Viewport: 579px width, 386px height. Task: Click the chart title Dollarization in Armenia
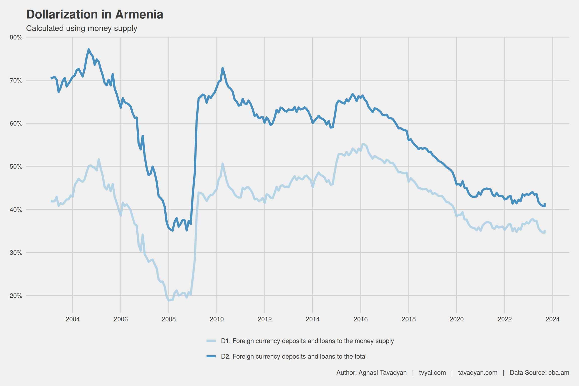(95, 15)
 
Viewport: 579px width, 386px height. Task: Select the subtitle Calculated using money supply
(82, 28)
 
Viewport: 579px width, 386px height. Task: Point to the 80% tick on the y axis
(16, 37)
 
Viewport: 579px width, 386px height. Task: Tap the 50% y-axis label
(16, 167)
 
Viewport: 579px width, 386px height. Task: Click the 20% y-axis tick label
(16, 296)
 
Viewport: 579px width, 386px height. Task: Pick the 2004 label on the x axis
(73, 319)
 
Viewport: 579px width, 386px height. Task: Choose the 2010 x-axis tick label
(217, 319)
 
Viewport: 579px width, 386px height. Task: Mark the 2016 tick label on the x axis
(361, 319)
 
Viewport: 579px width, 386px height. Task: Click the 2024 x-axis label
(553, 319)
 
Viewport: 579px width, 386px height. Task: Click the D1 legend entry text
(307, 341)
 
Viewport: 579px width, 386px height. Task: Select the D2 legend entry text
(294, 357)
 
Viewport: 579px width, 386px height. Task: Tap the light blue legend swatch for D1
(211, 341)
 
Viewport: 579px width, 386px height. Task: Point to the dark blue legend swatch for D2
(211, 356)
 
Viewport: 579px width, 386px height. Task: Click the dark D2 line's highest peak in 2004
(89, 49)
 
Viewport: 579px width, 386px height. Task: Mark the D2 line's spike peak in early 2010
(223, 68)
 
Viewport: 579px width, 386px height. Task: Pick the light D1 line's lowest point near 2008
(169, 300)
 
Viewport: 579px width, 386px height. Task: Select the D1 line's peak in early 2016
(362, 144)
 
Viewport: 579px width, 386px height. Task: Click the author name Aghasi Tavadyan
(382, 373)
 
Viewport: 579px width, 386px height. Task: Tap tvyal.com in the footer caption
(432, 373)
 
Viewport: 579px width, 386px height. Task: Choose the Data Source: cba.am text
(539, 373)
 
